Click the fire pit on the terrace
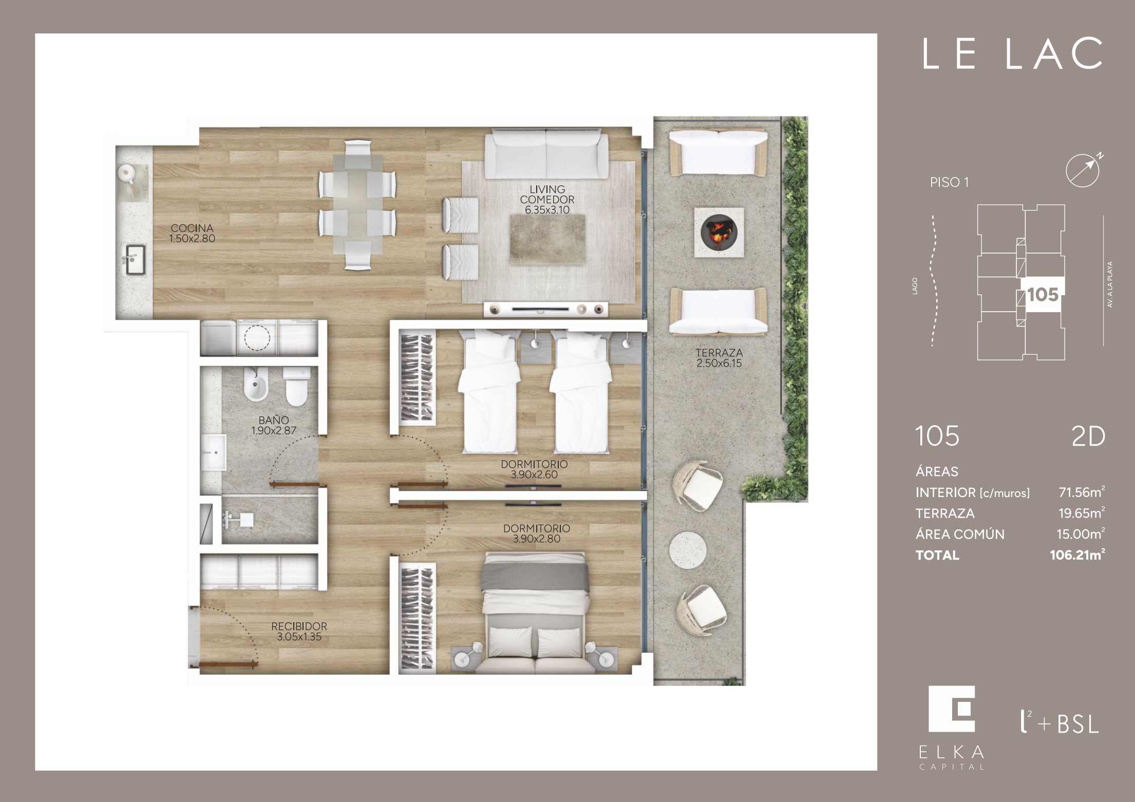click(719, 232)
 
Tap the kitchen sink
click(135, 260)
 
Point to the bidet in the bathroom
click(256, 385)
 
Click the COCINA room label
click(192, 233)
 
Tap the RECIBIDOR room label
click(299, 632)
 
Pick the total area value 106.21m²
click(1077, 555)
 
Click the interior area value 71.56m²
click(1082, 492)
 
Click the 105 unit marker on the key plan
click(1043, 295)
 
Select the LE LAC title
click(1012, 54)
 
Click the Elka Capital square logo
click(952, 709)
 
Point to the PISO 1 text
click(949, 182)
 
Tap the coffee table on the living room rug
click(547, 240)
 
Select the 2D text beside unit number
click(1088, 436)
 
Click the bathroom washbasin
click(213, 452)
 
